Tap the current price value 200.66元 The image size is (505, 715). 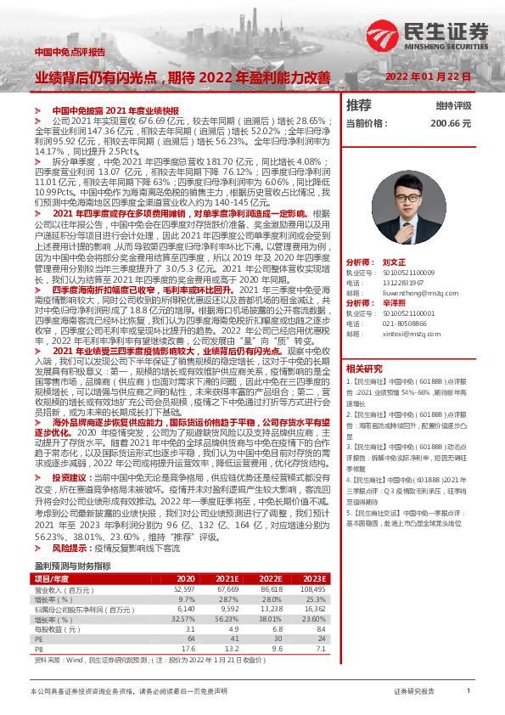click(x=450, y=123)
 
